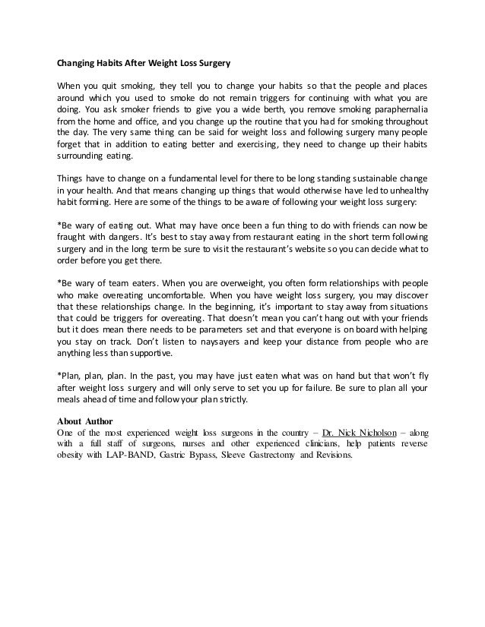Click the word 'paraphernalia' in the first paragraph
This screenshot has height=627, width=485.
[395, 109]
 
